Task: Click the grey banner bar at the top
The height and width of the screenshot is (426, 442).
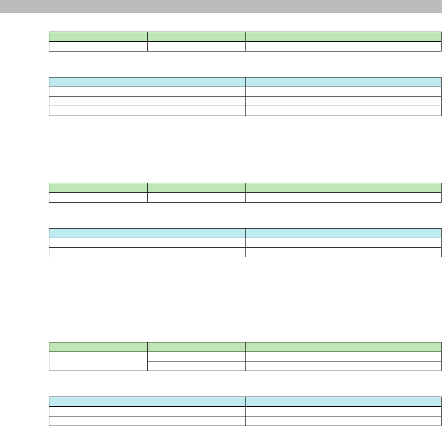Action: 221,6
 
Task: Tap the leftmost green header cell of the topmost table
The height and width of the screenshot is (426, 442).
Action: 98,37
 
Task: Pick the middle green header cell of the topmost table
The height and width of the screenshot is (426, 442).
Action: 196,37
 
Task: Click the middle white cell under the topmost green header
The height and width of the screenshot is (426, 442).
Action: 196,46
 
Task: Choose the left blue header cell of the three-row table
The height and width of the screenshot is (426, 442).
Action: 147,82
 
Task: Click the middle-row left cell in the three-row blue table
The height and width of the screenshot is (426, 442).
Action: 147,101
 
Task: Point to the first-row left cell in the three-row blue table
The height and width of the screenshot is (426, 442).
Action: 147,91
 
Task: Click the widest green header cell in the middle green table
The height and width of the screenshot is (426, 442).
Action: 343,187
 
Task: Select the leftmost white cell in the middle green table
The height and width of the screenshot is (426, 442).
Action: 98,197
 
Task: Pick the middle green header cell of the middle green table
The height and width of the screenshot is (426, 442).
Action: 196,187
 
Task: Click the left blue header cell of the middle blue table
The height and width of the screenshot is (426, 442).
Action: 147,233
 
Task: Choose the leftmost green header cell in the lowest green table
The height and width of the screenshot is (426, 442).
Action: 98,347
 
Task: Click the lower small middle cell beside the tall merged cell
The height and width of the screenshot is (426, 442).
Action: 196,366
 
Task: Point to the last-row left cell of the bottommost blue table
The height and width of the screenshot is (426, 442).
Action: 147,420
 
